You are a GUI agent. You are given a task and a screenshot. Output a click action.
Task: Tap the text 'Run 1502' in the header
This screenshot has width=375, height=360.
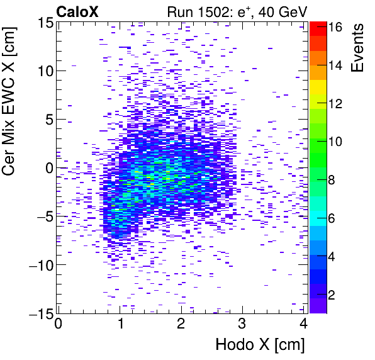pyautogui.click(x=193, y=11)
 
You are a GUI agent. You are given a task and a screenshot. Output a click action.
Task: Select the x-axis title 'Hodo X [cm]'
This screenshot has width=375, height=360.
pyautogui.click(x=260, y=345)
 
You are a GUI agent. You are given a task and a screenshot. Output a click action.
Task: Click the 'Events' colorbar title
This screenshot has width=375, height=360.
pyautogui.click(x=358, y=47)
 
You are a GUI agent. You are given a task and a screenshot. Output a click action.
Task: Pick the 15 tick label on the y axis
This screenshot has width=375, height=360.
pyautogui.click(x=43, y=23)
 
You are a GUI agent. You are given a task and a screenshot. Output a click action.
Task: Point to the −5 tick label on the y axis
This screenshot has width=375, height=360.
pyautogui.click(x=43, y=217)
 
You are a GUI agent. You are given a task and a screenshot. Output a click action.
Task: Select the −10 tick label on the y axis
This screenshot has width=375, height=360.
pyautogui.click(x=39, y=265)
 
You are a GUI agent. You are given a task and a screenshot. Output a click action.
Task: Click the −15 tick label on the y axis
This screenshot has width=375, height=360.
pyautogui.click(x=39, y=313)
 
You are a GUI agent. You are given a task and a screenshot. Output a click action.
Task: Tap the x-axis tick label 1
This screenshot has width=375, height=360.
pyautogui.click(x=120, y=323)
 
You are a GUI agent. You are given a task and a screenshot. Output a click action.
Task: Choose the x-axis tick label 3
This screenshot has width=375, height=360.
pyautogui.click(x=243, y=323)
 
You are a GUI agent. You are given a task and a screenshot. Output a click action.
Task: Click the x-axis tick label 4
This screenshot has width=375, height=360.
pyautogui.click(x=304, y=323)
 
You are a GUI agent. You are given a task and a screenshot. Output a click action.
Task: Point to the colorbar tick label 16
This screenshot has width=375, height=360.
pyautogui.click(x=335, y=28)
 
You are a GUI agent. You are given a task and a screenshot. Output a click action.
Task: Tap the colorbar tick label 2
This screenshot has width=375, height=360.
pyautogui.click(x=336, y=295)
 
